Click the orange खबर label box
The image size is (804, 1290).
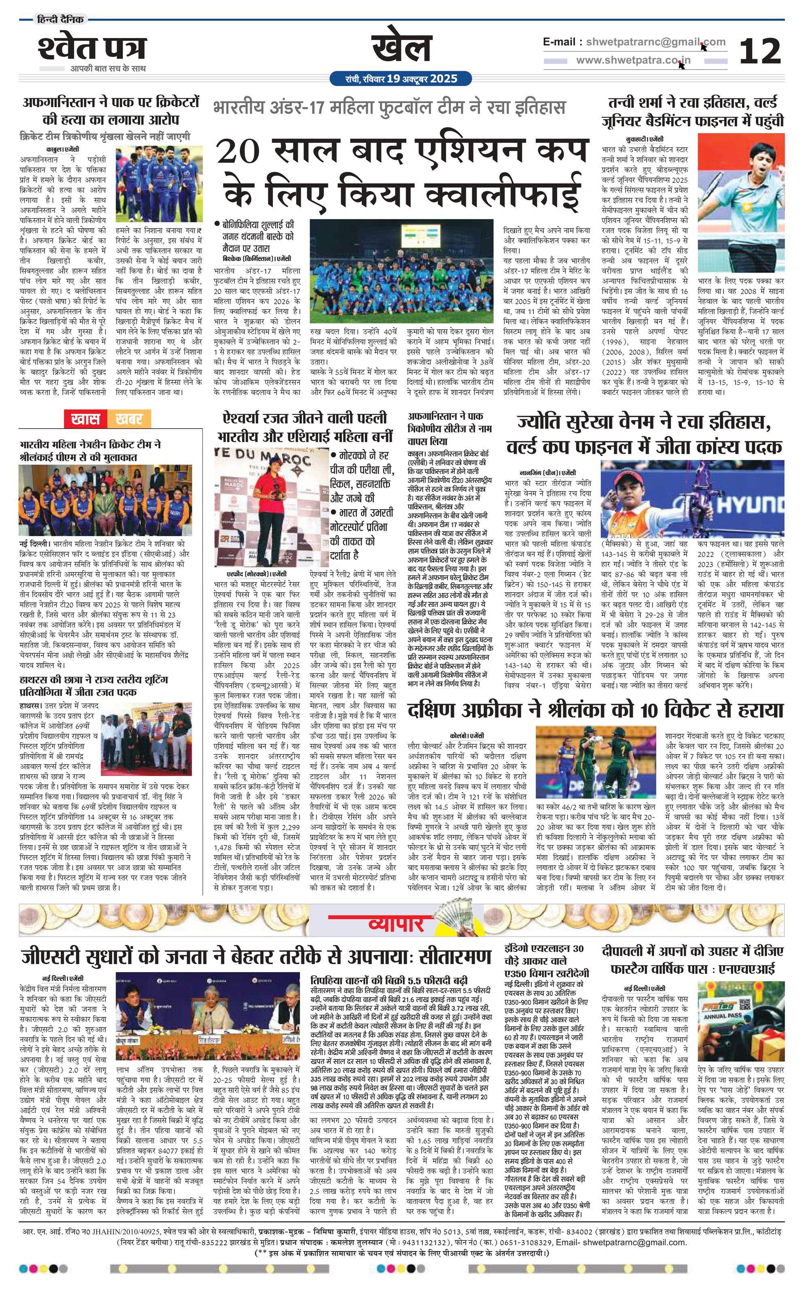click(128, 419)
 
